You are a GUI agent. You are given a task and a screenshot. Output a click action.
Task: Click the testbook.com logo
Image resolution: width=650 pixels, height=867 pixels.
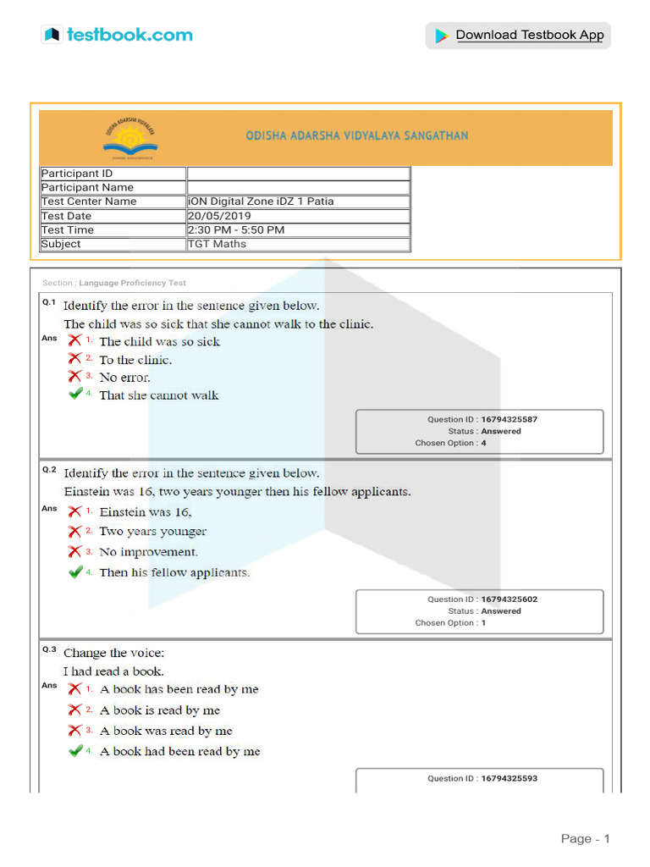117,35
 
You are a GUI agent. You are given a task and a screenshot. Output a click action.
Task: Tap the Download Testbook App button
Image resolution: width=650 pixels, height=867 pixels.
517,36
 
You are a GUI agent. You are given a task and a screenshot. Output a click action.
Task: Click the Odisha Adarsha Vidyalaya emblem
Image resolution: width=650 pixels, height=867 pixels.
135,137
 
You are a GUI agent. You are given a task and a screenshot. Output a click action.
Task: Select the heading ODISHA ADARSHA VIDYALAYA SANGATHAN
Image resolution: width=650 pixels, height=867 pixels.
356,135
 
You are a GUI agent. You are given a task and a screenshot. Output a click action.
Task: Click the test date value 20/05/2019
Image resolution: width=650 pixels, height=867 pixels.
219,216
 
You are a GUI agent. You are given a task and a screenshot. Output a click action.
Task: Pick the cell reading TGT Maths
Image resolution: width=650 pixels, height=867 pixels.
218,244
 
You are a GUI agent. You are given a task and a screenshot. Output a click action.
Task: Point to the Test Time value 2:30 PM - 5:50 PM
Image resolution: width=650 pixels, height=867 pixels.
236,230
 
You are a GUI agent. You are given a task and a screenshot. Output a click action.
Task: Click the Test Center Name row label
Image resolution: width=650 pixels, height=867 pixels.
89,202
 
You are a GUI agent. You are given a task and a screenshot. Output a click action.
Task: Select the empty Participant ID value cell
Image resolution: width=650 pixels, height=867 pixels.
298,174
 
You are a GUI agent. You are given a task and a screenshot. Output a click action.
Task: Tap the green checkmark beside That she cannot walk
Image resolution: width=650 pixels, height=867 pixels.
76,395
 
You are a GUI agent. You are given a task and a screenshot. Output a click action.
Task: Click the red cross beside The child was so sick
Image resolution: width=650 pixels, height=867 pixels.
75,341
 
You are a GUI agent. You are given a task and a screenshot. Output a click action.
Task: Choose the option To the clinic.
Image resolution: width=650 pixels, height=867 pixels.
135,360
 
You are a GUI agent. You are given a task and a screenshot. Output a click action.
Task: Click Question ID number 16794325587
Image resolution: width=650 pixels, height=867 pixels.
508,420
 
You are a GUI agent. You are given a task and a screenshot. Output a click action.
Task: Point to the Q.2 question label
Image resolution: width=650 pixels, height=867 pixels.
49,470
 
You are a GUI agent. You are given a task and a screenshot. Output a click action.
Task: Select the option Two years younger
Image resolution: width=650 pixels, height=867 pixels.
153,532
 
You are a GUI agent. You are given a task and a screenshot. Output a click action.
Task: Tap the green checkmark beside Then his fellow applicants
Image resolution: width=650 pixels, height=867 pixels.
76,572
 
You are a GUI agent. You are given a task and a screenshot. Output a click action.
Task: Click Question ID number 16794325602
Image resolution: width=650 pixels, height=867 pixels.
508,599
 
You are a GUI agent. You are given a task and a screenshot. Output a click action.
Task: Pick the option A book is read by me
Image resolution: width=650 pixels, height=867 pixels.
160,710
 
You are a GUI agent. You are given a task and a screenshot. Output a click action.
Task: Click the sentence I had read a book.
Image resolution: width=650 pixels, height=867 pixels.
114,671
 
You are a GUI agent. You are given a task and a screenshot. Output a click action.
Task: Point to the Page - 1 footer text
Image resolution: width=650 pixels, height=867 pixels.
585,839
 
